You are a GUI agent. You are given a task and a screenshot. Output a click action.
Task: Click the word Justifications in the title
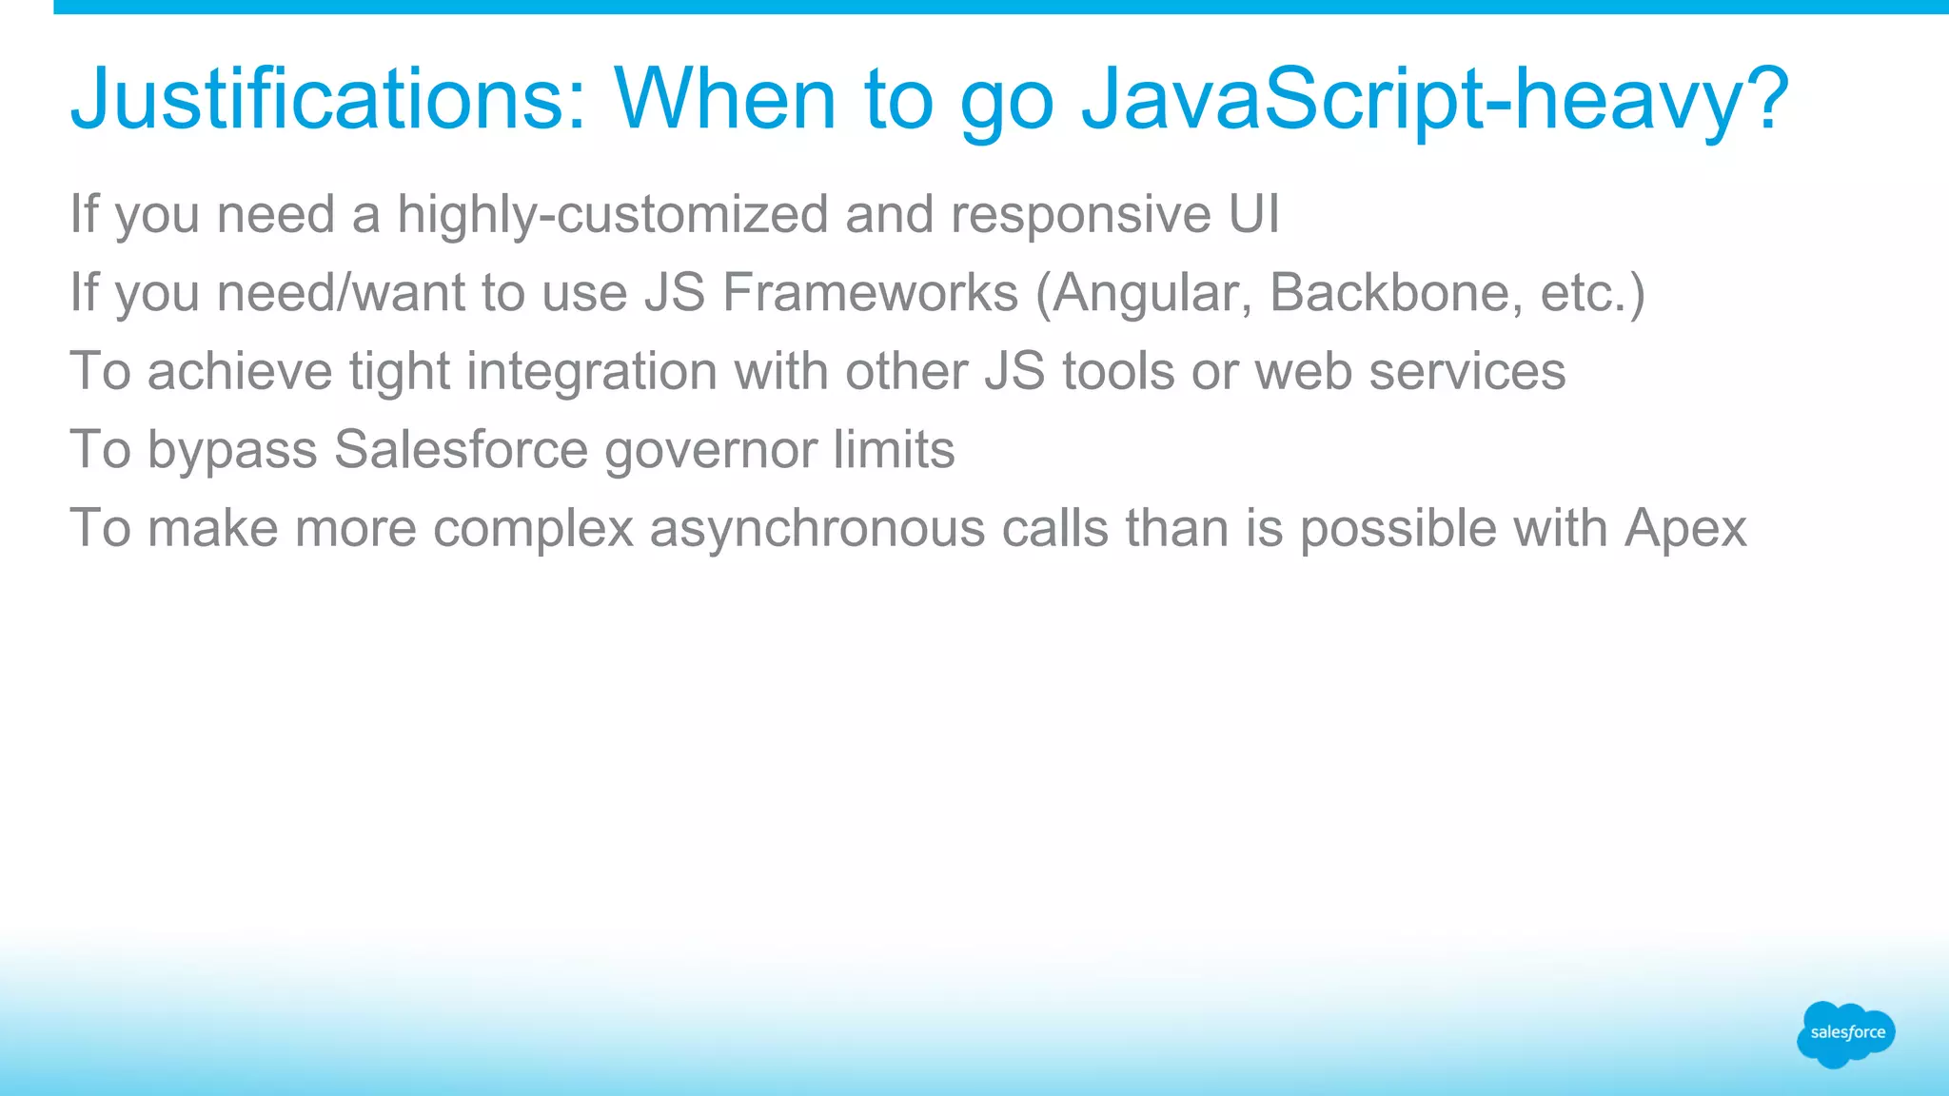[328, 100]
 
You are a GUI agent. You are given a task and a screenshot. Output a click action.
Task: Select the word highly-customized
[612, 215]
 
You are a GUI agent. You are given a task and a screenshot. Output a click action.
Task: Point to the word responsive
[1080, 215]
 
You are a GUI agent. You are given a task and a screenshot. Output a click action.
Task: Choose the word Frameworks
[870, 292]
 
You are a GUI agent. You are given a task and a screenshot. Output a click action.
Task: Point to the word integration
[591, 372]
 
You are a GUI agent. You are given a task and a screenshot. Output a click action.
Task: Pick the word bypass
[232, 451]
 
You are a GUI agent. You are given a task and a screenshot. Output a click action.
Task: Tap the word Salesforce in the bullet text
[461, 449]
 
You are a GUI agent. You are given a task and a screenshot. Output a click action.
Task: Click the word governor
[711, 451]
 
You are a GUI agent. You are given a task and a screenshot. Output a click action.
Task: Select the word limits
[894, 449]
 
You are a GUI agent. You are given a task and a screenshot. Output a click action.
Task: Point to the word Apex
[1685, 529]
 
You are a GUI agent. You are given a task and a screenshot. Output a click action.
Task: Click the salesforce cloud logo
[1845, 1033]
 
